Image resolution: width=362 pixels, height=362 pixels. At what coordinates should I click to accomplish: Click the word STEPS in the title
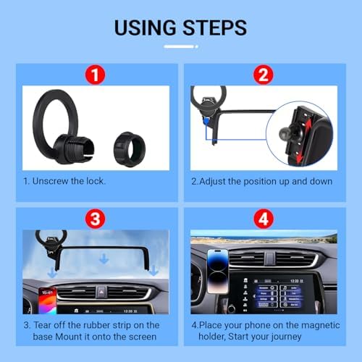pyautogui.click(x=214, y=28)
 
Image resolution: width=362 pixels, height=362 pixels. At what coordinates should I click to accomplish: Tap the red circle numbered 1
pyautogui.click(x=95, y=75)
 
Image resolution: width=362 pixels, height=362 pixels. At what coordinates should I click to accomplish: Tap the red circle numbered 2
pyautogui.click(x=264, y=75)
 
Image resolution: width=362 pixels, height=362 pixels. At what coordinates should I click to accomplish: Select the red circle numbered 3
pyautogui.click(x=95, y=219)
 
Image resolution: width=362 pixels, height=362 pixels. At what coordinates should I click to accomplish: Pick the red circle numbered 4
pyautogui.click(x=264, y=219)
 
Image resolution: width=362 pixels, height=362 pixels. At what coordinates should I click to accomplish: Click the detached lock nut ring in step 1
pyautogui.click(x=130, y=149)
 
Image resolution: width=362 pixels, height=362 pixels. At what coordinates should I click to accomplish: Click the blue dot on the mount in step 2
pyautogui.click(x=206, y=121)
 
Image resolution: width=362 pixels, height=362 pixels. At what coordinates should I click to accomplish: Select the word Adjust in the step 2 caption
pyautogui.click(x=212, y=182)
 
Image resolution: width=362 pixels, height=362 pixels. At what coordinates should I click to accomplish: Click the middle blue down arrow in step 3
pyautogui.click(x=104, y=258)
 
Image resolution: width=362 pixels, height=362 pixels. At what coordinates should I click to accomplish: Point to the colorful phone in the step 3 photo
pyautogui.click(x=48, y=300)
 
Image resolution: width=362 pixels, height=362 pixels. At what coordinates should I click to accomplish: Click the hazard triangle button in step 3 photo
pyautogui.click(x=101, y=292)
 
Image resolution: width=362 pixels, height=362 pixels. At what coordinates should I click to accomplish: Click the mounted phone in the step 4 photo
pyautogui.click(x=218, y=271)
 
